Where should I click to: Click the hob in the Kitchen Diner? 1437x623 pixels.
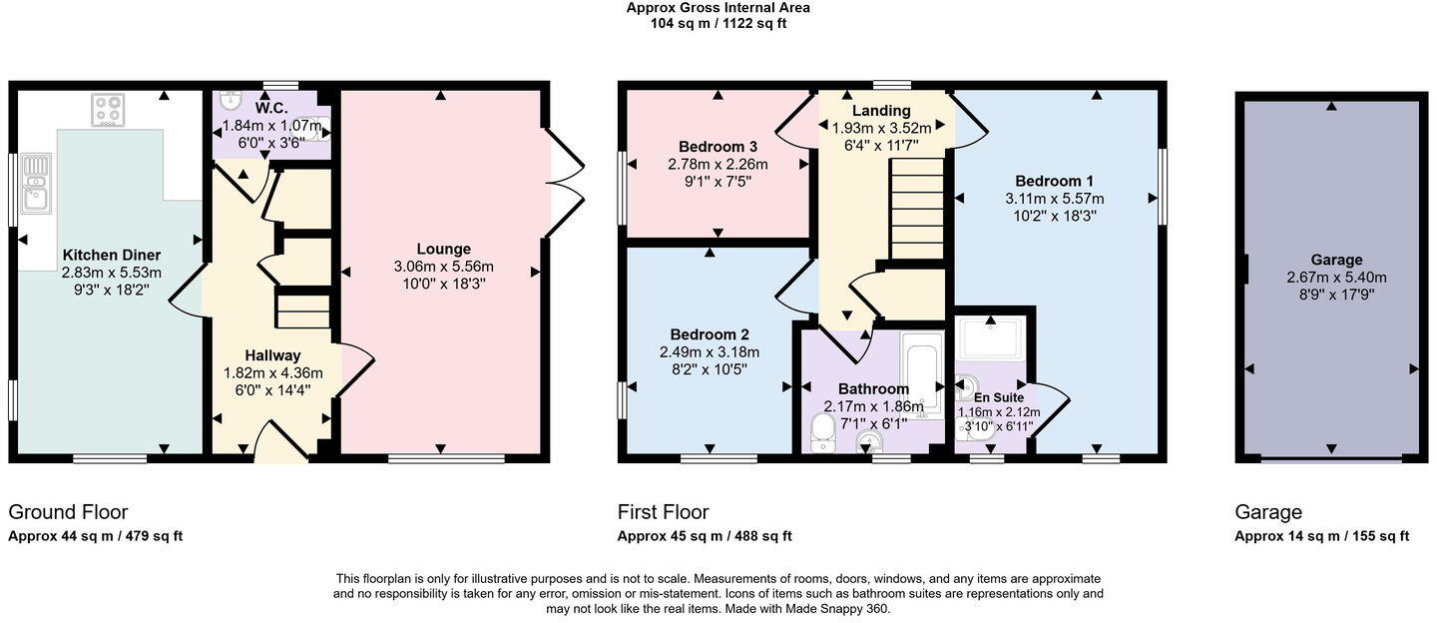[107, 110]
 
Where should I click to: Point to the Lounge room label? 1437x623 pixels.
[444, 249]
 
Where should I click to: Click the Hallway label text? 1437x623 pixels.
[272, 355]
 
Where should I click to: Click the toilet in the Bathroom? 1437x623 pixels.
[823, 432]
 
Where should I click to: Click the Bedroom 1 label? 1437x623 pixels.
[1055, 181]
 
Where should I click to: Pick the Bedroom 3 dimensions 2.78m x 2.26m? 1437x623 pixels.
[718, 164]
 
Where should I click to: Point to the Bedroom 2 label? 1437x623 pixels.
[710, 334]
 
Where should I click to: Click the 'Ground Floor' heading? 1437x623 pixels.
[68, 512]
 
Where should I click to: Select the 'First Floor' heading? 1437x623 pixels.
[663, 512]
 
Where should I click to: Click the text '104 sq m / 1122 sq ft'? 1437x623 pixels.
[718, 24]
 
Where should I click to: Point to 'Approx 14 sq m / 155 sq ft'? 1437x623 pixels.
[1321, 536]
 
